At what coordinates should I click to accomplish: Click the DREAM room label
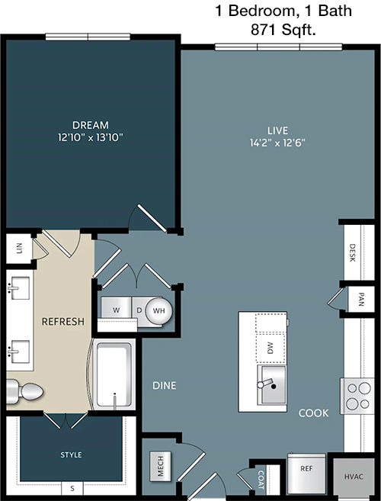pyautogui.click(x=91, y=124)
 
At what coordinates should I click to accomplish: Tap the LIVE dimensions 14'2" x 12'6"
pyautogui.click(x=277, y=143)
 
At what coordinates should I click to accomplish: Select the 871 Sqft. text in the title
pyautogui.click(x=283, y=30)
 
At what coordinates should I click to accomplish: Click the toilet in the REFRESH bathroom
pyautogui.click(x=24, y=390)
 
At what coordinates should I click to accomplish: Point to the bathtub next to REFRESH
pyautogui.click(x=114, y=374)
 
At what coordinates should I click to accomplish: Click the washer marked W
pyautogui.click(x=117, y=310)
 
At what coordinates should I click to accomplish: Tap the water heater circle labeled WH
pyautogui.click(x=158, y=310)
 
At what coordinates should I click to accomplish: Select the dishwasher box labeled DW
pyautogui.click(x=271, y=347)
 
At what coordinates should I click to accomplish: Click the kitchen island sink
pyautogui.click(x=272, y=384)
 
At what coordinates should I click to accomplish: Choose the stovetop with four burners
pyautogui.click(x=357, y=396)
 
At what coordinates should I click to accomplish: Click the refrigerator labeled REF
pyautogui.click(x=306, y=474)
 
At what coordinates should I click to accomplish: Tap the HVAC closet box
pyautogui.click(x=354, y=477)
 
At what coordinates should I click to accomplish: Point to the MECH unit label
pyautogui.click(x=161, y=466)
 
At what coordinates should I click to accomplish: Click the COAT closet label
pyautogui.click(x=261, y=480)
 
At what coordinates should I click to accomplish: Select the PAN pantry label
pyautogui.click(x=361, y=300)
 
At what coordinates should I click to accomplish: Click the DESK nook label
pyautogui.click(x=352, y=253)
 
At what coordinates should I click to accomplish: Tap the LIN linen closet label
pyautogui.click(x=19, y=249)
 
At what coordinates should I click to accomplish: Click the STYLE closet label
pyautogui.click(x=71, y=454)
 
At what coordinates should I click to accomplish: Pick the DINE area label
pyautogui.click(x=165, y=385)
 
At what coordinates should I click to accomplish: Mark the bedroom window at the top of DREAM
pyautogui.click(x=88, y=37)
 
